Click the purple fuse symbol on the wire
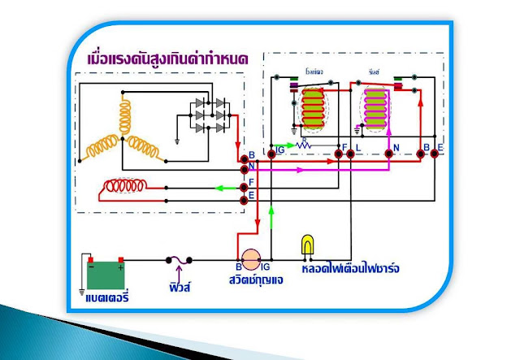179,260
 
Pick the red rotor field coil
121,189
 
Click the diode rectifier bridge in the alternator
206,114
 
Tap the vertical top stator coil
127,112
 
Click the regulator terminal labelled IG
273,153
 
